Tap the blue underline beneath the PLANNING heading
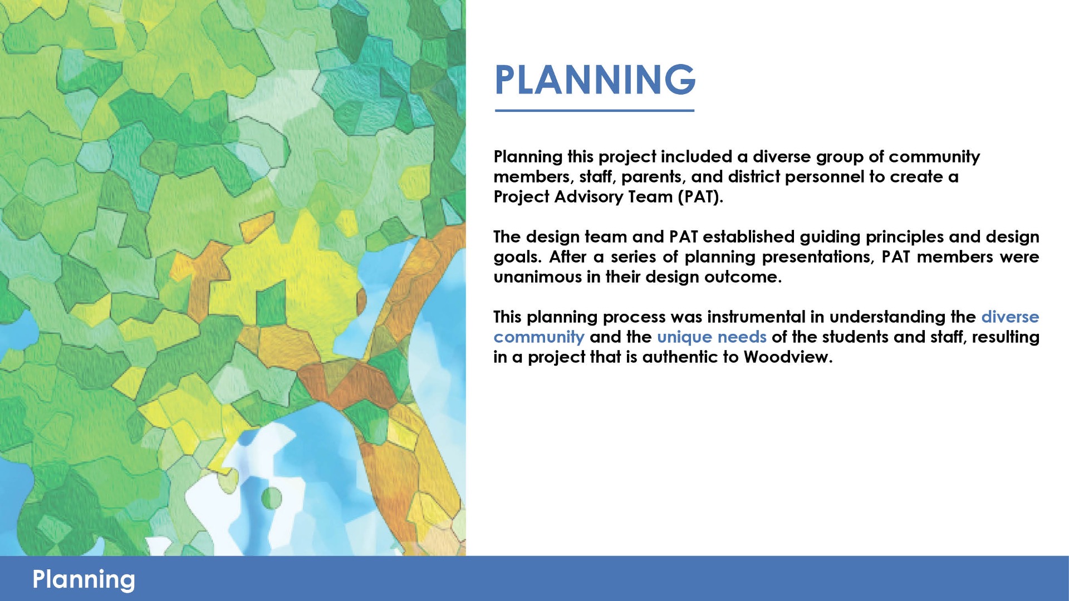[x=595, y=110]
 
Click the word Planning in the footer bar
[x=84, y=580]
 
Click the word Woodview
[x=788, y=357]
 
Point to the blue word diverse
[x=1010, y=317]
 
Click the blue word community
[x=539, y=337]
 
